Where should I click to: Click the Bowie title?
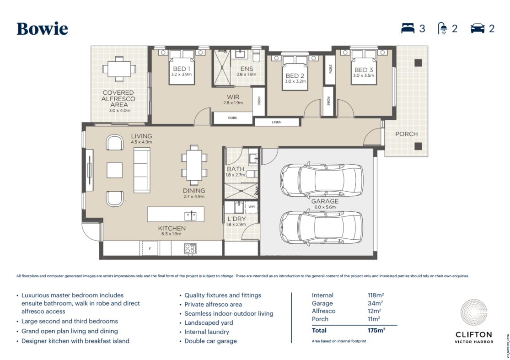(x=42, y=29)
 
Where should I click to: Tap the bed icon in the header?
(x=408, y=28)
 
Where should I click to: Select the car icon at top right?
(x=478, y=28)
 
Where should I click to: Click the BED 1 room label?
(x=182, y=69)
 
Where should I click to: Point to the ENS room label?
(x=247, y=69)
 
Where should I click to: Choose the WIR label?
(x=233, y=97)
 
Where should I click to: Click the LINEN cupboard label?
(x=276, y=122)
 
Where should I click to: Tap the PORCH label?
(x=406, y=134)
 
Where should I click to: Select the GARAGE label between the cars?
(x=325, y=201)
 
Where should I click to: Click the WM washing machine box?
(x=252, y=207)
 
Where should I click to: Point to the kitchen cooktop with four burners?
(x=190, y=248)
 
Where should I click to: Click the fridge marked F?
(x=150, y=248)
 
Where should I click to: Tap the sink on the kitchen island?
(x=191, y=215)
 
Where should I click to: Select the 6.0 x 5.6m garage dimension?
(x=325, y=207)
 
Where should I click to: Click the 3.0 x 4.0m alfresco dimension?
(x=120, y=111)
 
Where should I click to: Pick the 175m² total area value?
(x=376, y=330)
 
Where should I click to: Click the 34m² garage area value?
(x=375, y=303)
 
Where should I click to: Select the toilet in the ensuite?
(x=256, y=55)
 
